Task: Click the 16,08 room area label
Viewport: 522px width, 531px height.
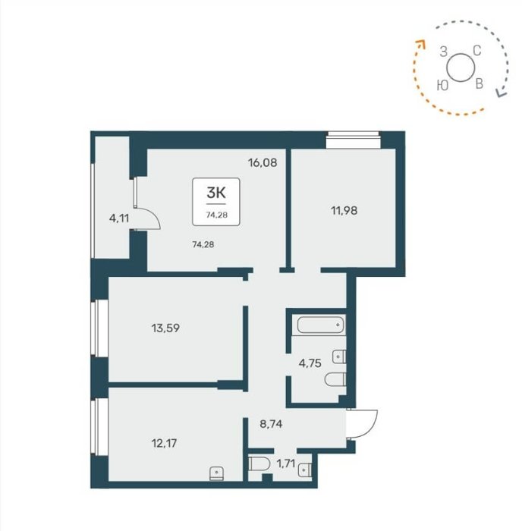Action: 263,163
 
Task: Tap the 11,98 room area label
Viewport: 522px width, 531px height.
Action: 344,211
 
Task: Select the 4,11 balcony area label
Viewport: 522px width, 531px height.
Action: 119,218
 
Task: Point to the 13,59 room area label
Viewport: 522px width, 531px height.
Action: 165,328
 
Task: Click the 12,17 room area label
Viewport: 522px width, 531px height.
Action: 164,443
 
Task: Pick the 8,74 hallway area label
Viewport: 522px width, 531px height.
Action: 271,424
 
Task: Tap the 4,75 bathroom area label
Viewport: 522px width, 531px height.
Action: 310,363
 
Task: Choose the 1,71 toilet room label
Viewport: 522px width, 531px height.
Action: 286,463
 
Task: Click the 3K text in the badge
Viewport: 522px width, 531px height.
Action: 216,193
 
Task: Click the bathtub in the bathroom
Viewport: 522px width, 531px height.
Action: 320,325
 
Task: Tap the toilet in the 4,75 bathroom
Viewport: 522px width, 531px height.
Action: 335,379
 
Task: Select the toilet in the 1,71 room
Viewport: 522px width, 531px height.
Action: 259,464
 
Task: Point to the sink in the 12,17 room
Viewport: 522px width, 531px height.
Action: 216,473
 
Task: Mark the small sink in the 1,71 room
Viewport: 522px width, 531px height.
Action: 305,470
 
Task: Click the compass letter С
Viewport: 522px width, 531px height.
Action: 477,51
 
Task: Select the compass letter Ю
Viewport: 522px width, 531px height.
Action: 443,85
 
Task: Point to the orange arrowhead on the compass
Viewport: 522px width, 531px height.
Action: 420,44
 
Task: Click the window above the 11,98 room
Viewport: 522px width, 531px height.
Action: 352,140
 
